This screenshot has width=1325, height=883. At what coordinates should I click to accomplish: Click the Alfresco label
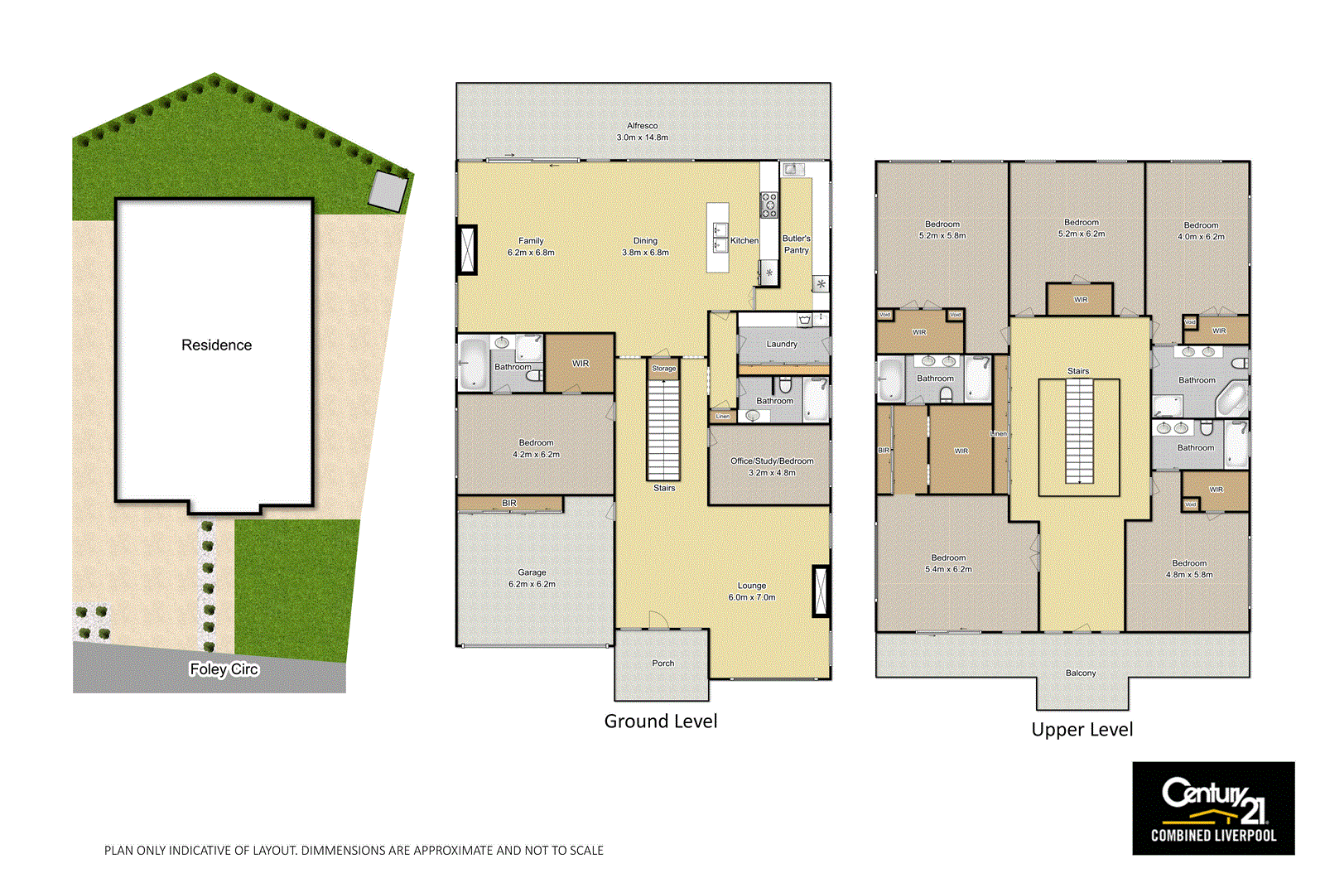pyautogui.click(x=642, y=131)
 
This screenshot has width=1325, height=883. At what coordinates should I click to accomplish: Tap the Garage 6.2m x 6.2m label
pyautogui.click(x=532, y=578)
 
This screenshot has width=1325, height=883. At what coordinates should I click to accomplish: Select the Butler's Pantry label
pyautogui.click(x=797, y=244)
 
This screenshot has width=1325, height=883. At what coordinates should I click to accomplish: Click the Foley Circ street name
pyautogui.click(x=224, y=669)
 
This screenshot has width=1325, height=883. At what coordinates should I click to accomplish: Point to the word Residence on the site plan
pyautogui.click(x=216, y=345)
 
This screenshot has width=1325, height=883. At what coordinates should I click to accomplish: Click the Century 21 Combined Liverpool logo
pyautogui.click(x=1213, y=808)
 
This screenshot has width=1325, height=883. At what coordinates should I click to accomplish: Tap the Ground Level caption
pyautogui.click(x=660, y=721)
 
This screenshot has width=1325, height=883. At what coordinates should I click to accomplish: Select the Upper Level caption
pyautogui.click(x=1082, y=730)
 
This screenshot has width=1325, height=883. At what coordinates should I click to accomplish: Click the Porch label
pyautogui.click(x=662, y=663)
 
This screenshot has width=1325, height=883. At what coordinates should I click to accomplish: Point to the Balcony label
pyautogui.click(x=1081, y=673)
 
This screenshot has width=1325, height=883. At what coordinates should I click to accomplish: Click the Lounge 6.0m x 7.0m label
pyautogui.click(x=752, y=591)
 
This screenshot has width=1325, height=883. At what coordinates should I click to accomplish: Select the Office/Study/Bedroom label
pyautogui.click(x=772, y=461)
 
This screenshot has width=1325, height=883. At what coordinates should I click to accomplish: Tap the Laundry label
pyautogui.click(x=782, y=344)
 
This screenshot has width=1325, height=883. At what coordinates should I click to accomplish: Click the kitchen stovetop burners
pyautogui.click(x=769, y=205)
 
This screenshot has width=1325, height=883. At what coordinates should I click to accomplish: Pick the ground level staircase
pyautogui.click(x=663, y=430)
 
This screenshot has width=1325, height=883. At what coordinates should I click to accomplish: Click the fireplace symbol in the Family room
pyautogui.click(x=469, y=249)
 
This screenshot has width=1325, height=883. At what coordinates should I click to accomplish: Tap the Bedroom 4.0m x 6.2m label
pyautogui.click(x=1201, y=230)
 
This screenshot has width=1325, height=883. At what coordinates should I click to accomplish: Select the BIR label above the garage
pyautogui.click(x=508, y=503)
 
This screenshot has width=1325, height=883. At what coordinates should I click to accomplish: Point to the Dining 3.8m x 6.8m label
pyautogui.click(x=645, y=247)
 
